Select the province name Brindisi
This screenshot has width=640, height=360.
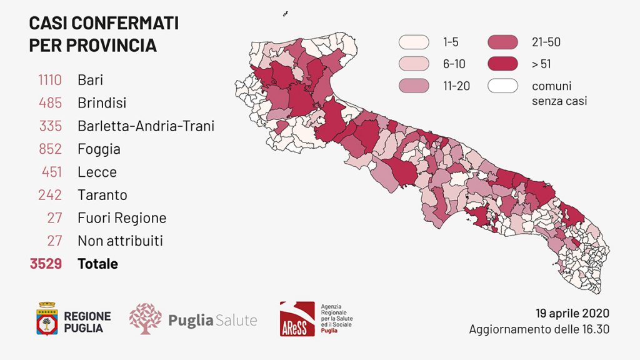tap(102, 102)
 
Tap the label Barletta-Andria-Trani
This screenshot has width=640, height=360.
tap(146, 126)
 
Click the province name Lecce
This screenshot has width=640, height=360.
tap(97, 172)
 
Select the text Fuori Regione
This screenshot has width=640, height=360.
tap(122, 218)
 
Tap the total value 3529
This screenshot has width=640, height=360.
tap(46, 264)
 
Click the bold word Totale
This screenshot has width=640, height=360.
tap(97, 264)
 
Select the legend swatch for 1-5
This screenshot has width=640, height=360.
tap(414, 42)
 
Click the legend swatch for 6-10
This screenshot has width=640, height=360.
tap(414, 64)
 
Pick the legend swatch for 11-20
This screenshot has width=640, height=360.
tap(414, 86)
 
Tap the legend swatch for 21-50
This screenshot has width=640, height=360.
tap(503, 42)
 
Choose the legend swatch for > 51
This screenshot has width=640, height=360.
tap(503, 64)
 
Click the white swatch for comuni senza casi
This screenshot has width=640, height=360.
tap(503, 86)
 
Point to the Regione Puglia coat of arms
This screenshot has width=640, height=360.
tap(47, 319)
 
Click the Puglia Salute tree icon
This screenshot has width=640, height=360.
tap(145, 319)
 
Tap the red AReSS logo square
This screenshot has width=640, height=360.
tap(297, 319)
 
